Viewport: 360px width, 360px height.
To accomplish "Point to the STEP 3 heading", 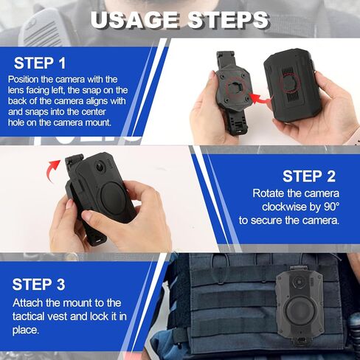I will pos(39,284).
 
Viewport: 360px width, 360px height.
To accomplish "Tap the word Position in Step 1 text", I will pos(25,79).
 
